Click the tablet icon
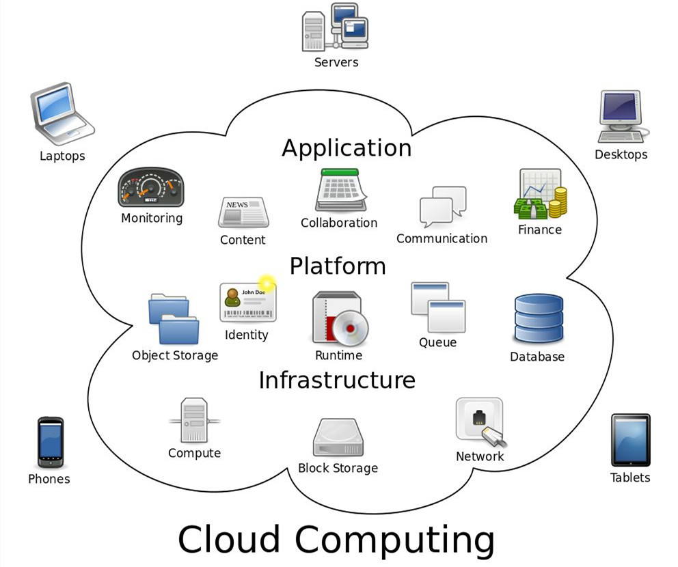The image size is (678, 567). click(630, 440)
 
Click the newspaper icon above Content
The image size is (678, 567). click(243, 212)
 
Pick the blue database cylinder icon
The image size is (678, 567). click(539, 318)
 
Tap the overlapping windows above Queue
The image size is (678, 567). click(437, 307)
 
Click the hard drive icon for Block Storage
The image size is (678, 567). click(338, 437)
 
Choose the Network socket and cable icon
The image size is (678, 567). click(480, 421)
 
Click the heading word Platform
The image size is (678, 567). click(338, 266)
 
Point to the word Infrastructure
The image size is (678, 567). click(336, 380)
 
